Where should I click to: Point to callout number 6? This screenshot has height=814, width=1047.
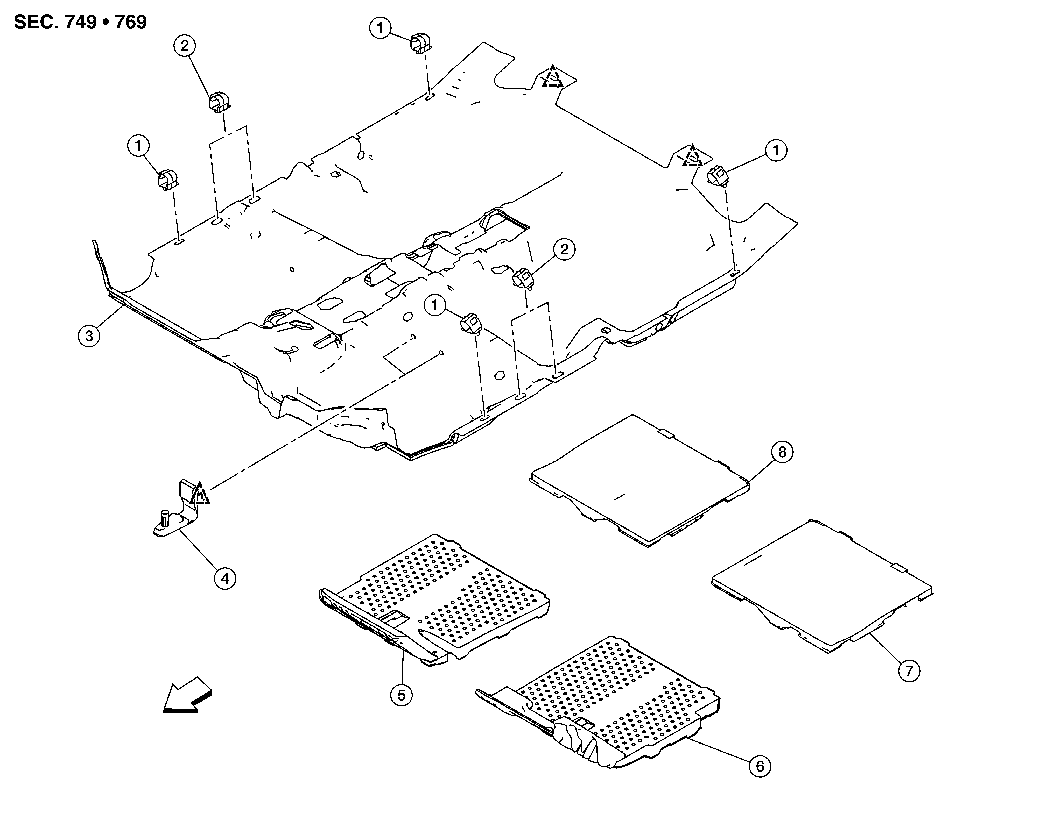[760, 767]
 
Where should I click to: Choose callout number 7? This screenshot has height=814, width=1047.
[909, 671]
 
